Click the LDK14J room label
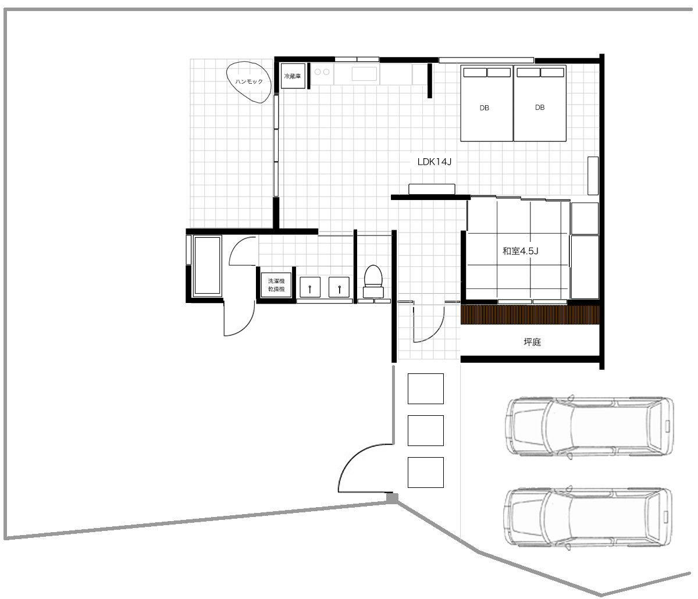pos(435,162)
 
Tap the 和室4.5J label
pos(520,251)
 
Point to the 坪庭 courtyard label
pos(532,342)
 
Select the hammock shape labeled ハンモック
pos(248,82)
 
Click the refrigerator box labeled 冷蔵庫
pos(293,76)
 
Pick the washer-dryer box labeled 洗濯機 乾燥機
pos(276,285)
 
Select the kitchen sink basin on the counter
pos(364,73)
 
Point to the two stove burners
pos(322,72)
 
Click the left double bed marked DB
pos(487,104)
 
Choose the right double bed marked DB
pos(540,104)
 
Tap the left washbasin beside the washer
pos(310,287)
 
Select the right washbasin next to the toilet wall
pos(339,287)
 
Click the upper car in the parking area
pos(589,427)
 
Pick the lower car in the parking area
pos(587,518)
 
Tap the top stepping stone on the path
pos(425,388)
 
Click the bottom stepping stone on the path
pos(425,472)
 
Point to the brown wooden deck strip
pos(530,315)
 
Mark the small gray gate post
pos(392,498)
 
